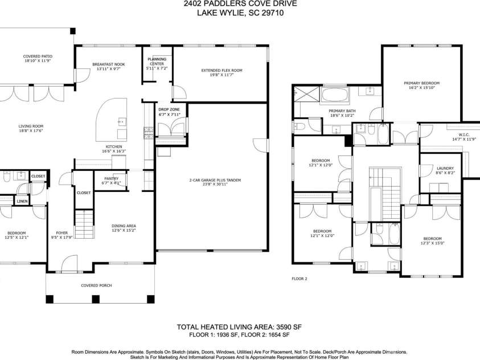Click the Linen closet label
click(x=22, y=201)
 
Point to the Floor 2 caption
click(x=299, y=279)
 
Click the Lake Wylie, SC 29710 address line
click(x=240, y=14)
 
